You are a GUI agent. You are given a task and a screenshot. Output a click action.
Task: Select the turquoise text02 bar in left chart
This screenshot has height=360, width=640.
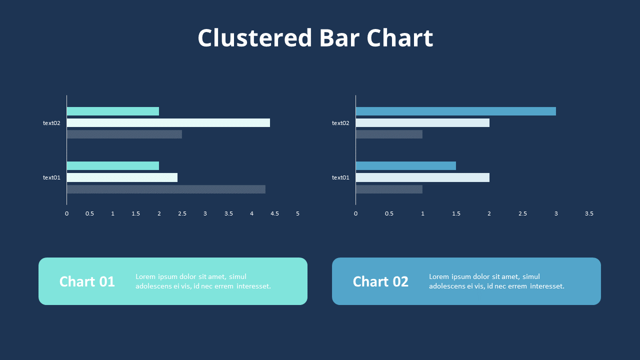tap(112, 111)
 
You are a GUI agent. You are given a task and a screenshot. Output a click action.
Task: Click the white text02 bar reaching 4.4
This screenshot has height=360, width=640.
tap(168, 122)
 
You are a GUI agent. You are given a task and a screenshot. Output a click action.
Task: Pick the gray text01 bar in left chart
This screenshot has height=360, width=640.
tap(166, 189)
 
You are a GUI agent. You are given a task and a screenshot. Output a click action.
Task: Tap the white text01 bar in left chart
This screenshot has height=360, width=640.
tap(122, 177)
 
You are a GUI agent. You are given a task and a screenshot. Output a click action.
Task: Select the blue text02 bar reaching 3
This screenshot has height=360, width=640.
tap(455, 111)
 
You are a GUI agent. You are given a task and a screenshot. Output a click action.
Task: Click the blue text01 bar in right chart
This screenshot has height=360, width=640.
tap(405, 165)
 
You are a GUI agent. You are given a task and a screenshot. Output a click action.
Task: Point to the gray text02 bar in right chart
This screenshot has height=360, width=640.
tap(389, 134)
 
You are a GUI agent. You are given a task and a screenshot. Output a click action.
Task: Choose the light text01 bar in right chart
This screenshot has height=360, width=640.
tap(422, 177)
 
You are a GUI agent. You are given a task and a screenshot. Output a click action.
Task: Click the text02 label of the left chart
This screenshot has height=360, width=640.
tap(51, 123)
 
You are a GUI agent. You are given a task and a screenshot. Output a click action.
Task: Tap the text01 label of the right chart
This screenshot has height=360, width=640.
tap(340, 177)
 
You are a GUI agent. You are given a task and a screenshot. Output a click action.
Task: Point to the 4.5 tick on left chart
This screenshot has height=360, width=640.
tap(274, 213)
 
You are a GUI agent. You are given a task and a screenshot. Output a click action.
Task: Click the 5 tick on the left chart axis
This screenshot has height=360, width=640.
tap(297, 213)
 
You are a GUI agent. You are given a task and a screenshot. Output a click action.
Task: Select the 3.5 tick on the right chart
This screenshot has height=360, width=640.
tap(589, 213)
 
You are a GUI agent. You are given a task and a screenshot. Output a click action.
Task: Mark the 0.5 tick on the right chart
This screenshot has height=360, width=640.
tap(389, 213)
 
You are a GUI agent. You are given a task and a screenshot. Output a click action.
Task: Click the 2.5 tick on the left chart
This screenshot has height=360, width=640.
tap(182, 213)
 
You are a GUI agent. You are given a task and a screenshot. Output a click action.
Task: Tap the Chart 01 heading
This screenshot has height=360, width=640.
tap(87, 281)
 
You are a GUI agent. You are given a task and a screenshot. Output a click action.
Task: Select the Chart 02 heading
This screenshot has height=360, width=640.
tap(380, 281)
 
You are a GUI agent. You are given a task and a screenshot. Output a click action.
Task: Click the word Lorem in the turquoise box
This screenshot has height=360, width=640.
tap(145, 276)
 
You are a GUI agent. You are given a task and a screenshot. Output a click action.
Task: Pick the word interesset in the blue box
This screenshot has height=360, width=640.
tap(546, 286)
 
